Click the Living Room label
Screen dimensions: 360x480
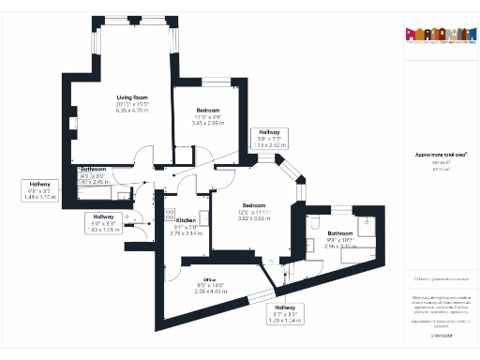pos(132,97)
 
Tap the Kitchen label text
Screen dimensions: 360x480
pos(185,220)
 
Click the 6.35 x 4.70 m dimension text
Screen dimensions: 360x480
pos(132,110)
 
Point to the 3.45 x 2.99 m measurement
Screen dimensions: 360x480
pos(207,123)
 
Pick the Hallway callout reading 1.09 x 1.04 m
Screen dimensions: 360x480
pos(284,321)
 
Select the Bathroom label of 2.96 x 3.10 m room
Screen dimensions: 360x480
pos(339,232)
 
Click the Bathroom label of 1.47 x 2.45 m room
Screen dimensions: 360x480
pos(94,170)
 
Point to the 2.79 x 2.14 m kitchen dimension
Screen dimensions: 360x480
pos(185,232)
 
